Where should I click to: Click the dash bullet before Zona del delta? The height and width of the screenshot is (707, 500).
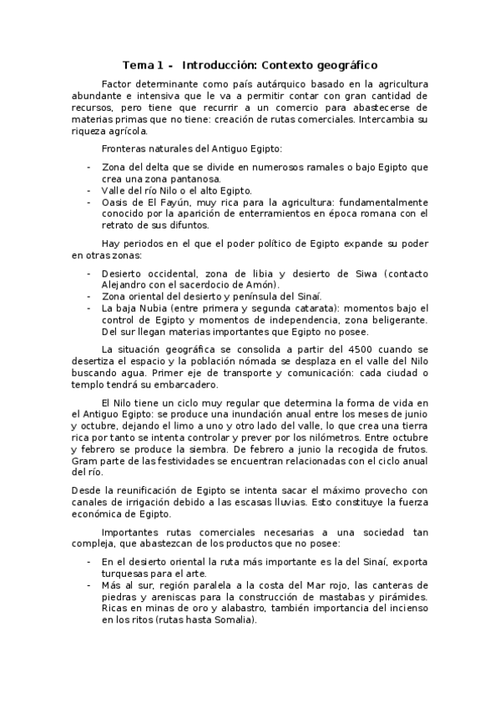(88, 167)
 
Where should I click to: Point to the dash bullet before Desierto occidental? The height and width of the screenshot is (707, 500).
(88, 273)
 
